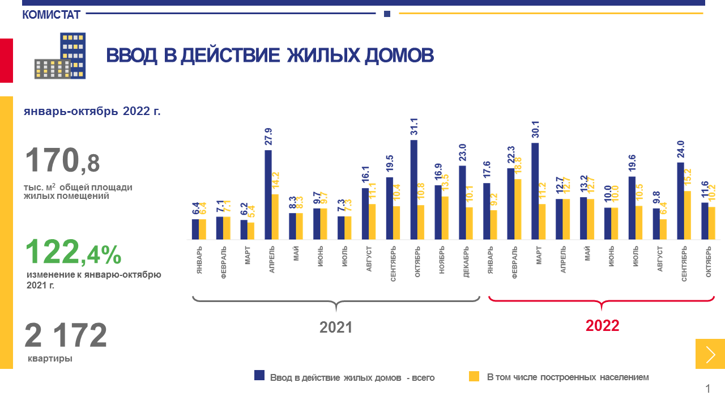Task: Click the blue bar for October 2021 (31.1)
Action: pos(413,190)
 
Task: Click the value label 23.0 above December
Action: pos(462,152)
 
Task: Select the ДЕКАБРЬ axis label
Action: pos(466,261)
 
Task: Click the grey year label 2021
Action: pos(336,328)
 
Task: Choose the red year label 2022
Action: pos(602,326)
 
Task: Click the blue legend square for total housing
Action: pos(259,375)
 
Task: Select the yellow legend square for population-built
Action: pos(474,375)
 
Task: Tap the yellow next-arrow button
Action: pos(710,354)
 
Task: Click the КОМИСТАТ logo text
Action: pos(52,15)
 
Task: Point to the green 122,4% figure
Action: pos(73,252)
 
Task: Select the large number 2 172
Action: pos(66,335)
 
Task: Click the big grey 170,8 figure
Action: pos(62,160)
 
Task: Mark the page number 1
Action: pos(707,389)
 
